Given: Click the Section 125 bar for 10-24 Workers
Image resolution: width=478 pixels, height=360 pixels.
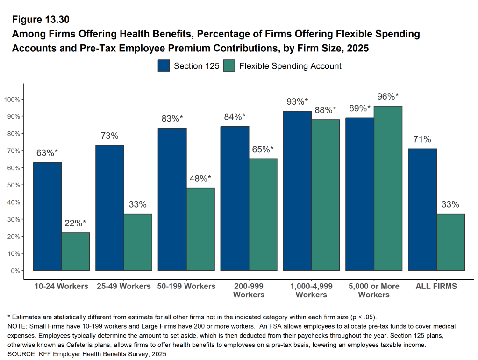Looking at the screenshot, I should click(47, 216).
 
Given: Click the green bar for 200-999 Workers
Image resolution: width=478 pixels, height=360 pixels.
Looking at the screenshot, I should click(263, 215).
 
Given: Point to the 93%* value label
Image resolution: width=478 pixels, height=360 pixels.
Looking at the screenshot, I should click(297, 101).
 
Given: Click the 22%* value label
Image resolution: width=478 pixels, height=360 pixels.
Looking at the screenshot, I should click(76, 223).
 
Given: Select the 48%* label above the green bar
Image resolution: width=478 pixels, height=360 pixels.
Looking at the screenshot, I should click(200, 179).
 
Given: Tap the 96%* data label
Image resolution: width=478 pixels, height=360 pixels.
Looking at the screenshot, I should click(388, 97).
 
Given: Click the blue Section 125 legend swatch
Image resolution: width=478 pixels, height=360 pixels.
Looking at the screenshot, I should click(164, 66).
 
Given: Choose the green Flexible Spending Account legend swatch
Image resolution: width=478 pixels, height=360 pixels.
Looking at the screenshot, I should click(229, 66).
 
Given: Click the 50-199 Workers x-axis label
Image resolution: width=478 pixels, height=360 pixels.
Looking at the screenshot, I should click(186, 286).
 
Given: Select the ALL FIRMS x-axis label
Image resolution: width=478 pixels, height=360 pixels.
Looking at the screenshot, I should click(436, 286).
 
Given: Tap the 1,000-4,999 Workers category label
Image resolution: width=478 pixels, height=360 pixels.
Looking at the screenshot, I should click(311, 290).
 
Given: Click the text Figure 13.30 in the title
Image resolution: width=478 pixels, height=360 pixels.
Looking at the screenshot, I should click(41, 20).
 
